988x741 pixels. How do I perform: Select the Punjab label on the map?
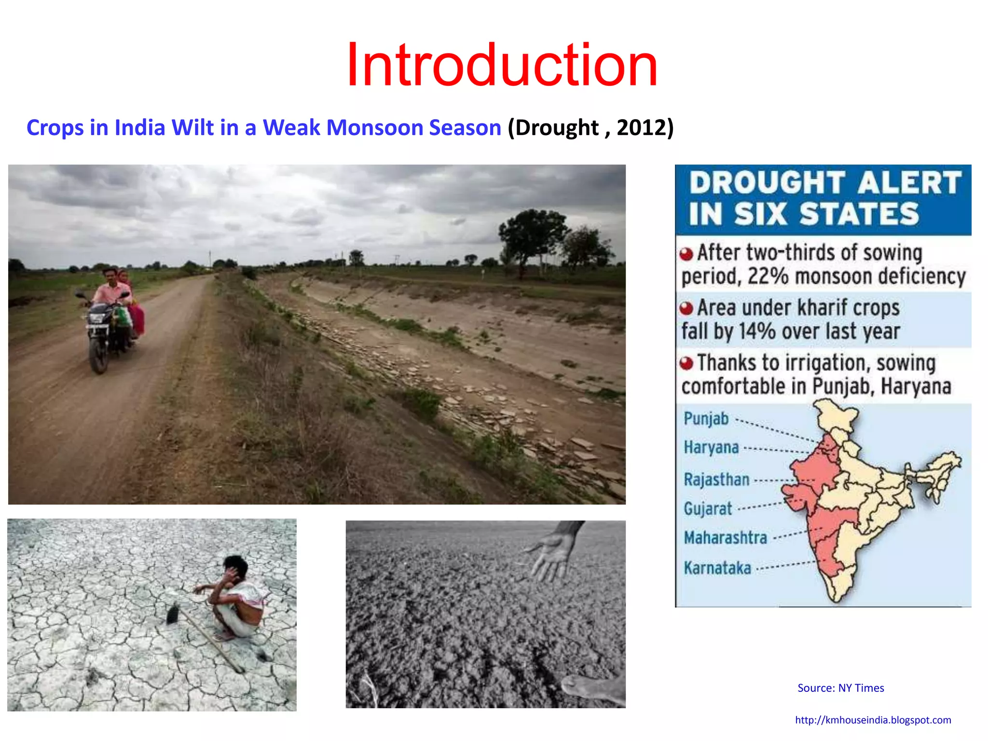706,418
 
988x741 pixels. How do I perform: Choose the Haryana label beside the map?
711,447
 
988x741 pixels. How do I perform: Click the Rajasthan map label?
716,480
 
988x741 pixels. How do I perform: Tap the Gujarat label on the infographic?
708,508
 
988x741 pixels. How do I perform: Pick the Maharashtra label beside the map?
725,537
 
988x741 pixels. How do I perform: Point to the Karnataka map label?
717,568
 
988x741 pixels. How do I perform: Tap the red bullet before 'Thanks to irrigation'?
686,363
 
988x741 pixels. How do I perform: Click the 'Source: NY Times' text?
840,688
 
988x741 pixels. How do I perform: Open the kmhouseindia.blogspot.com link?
873,720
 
